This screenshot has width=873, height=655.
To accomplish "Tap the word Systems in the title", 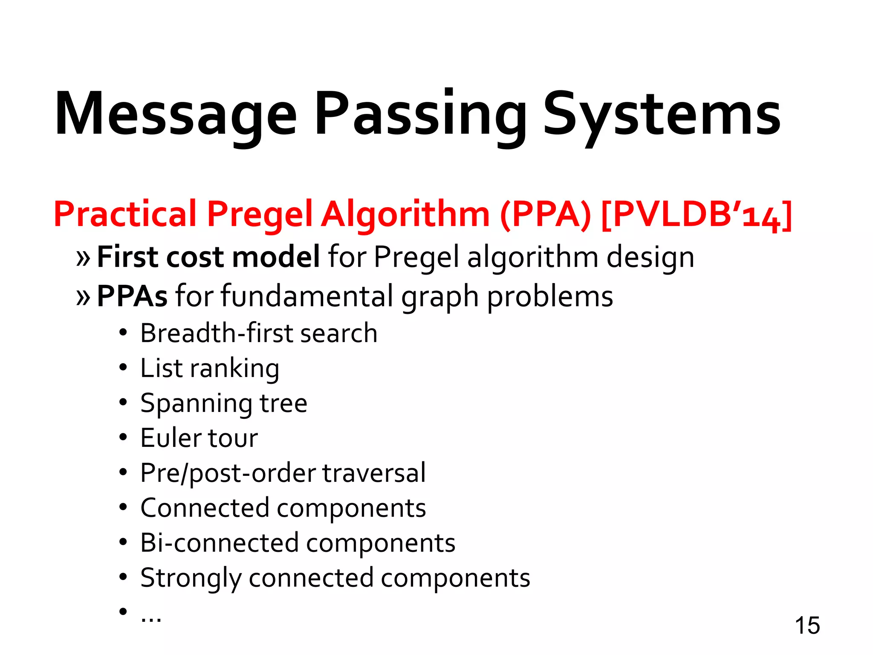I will [662, 114].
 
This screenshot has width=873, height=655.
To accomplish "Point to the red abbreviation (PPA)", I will [546, 214].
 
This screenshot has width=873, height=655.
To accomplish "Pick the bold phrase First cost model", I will [208, 257].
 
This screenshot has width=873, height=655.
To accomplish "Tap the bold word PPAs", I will [132, 296].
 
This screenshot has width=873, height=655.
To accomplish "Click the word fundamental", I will [307, 296].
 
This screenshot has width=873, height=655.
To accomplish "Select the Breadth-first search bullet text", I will [259, 333].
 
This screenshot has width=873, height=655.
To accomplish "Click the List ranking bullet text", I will [210, 368].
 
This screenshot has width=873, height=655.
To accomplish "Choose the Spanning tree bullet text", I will [224, 403].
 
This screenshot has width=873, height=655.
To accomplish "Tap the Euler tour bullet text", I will [199, 438].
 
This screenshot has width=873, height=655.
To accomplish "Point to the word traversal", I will [374, 473].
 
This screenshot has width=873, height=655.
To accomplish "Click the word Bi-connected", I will [220, 543].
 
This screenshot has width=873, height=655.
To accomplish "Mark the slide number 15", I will [807, 626].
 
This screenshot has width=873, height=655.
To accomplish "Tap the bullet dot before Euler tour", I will [123, 437].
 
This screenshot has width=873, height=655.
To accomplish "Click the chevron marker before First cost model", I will [83, 258].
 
